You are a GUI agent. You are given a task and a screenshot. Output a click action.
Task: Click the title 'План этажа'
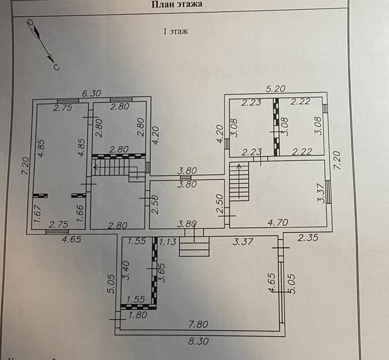(x=177, y=5)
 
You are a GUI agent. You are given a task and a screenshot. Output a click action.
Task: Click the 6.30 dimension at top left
(x=91, y=93)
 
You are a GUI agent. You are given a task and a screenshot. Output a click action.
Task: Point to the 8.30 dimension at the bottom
(x=199, y=342)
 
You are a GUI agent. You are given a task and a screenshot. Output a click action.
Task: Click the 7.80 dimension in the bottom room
(x=199, y=324)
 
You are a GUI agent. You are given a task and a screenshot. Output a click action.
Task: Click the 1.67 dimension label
(x=34, y=215)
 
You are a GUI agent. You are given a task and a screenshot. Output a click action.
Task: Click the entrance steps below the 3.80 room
(x=194, y=246)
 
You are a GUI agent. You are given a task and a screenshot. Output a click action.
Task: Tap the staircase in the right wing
(x=240, y=181)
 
